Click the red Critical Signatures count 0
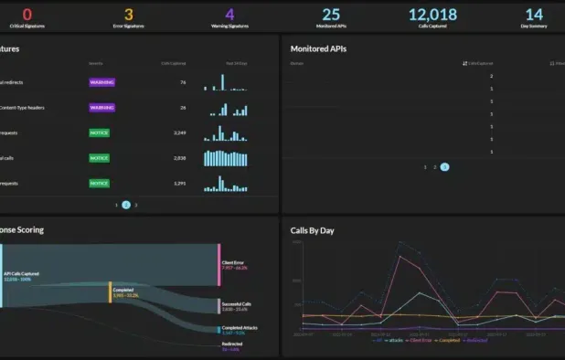click(x=27, y=15)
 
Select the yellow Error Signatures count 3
click(x=128, y=15)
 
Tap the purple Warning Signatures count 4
click(x=229, y=15)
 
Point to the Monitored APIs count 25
click(x=331, y=15)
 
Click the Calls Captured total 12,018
click(x=432, y=15)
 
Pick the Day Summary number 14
click(x=534, y=15)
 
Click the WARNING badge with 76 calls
click(x=101, y=82)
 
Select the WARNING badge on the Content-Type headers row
click(x=101, y=108)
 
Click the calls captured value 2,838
click(x=179, y=158)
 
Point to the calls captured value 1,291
click(x=179, y=183)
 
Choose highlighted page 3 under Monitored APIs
click(x=444, y=167)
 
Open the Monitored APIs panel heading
click(x=318, y=48)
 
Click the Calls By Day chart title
click(x=312, y=230)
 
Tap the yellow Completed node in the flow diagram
click(x=111, y=291)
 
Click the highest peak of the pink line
click(x=400, y=257)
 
